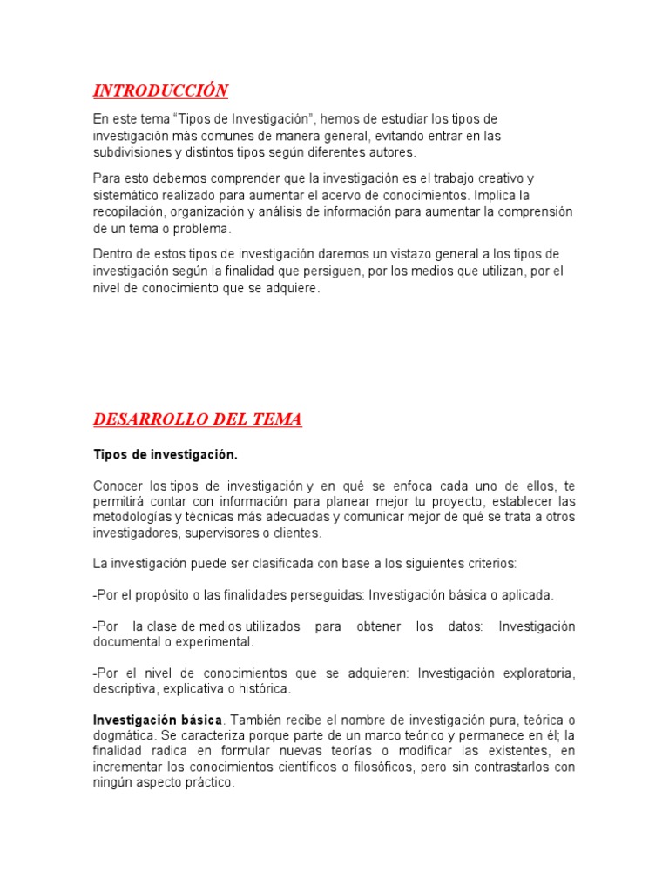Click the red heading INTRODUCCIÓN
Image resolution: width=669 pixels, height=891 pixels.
click(160, 90)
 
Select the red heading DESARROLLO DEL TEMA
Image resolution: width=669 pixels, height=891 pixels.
click(198, 419)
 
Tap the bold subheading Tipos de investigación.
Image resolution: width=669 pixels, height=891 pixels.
click(165, 455)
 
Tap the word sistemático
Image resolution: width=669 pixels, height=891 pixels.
click(126, 195)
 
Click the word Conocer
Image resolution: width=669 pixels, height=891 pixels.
click(117, 485)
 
